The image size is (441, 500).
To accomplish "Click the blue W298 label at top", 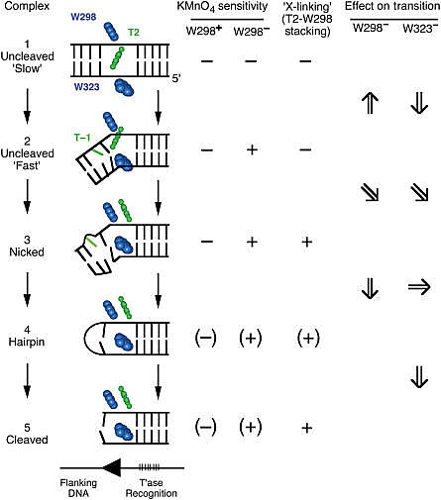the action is pos(83,17).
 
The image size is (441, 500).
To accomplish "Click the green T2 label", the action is pos(134,32).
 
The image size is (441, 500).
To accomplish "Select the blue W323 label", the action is pos(86,87).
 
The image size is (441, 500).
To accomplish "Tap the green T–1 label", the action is pos(82,137).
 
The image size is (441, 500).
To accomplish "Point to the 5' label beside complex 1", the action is pos(176,78).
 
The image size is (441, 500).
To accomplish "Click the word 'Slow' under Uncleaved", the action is pos(28,68).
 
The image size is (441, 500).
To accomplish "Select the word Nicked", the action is pos(27,251).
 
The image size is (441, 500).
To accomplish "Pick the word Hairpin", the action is pos(27,342).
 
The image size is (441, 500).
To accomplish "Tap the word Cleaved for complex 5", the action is pos(27,440).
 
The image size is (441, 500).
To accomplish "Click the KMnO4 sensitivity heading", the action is pos(222,7).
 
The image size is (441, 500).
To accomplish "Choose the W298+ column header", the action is pos(204,31).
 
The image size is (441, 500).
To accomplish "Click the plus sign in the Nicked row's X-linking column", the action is pos(307,242).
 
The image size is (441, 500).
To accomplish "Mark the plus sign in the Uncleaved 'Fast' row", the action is pos(252,150).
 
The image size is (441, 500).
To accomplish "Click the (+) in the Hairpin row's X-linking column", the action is pos(308,338).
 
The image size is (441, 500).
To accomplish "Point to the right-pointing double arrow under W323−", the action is pos(419,287).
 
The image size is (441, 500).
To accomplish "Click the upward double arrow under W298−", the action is pos(371,103).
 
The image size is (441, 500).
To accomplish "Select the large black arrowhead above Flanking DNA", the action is pos(111,467).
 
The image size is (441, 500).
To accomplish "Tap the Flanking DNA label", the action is pos(78,488).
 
